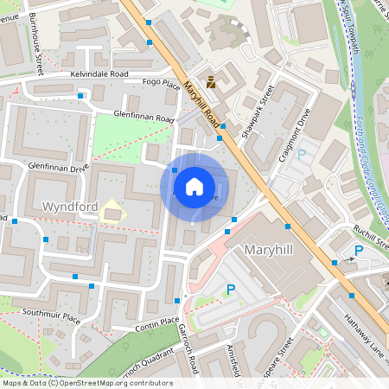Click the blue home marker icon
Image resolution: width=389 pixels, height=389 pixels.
tap(194, 187)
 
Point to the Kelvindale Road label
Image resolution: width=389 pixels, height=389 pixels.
tap(112, 74)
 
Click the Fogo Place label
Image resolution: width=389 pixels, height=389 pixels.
tap(161, 85)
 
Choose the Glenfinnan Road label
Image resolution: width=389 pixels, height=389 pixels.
tap(143, 116)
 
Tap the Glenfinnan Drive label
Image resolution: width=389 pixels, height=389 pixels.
tap(59, 164)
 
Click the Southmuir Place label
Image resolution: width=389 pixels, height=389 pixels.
tap(51, 315)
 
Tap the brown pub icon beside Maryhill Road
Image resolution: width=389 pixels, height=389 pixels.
tap(211, 81)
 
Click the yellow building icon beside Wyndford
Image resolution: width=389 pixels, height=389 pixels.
tap(111, 210)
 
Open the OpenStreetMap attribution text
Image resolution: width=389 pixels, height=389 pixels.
tap(86, 383)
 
